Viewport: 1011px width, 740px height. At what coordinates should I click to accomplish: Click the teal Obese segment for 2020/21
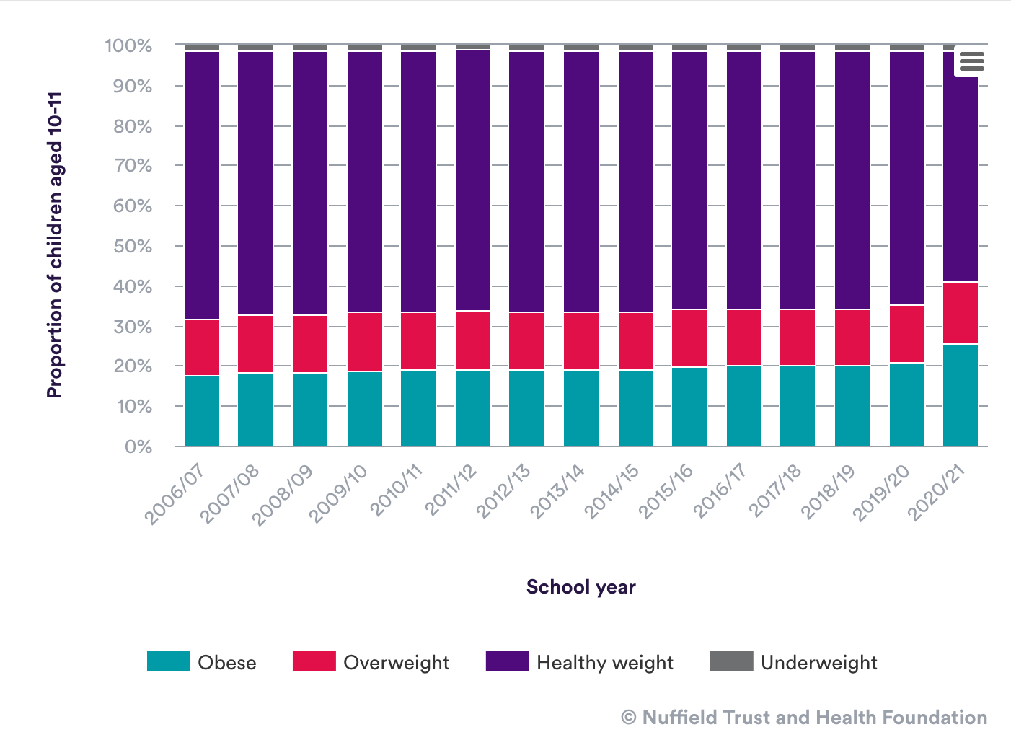pos(961,395)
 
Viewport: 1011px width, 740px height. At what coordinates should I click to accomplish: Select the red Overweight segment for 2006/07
pos(202,348)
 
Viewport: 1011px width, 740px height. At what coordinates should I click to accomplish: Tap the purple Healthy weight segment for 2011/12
pos(473,180)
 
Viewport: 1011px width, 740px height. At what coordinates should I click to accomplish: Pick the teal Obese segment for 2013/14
pos(581,408)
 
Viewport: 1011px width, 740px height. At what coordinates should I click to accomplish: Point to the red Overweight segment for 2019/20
pos(907,334)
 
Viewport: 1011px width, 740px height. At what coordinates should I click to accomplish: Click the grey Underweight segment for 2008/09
pos(310,48)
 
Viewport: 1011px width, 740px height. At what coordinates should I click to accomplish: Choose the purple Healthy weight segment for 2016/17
pos(744,180)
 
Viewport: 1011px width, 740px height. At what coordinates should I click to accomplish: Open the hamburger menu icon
pos(971,61)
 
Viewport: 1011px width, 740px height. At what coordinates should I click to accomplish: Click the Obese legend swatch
pos(169,661)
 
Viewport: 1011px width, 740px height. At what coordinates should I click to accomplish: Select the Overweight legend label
pos(396,663)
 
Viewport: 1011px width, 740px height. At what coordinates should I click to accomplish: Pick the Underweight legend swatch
pos(731,661)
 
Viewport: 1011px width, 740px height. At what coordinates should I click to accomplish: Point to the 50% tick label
pos(129,246)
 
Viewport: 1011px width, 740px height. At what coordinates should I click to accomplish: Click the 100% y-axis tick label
pos(128,46)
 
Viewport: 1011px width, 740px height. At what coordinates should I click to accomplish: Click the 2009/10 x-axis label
pos(337,493)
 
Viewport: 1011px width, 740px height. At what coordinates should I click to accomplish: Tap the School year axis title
pos(581,587)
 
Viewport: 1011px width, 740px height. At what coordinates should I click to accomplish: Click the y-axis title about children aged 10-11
pos(55,245)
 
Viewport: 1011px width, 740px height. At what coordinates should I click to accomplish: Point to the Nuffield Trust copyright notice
pos(804,718)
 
